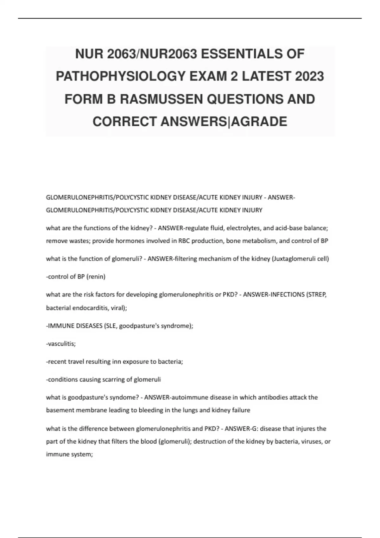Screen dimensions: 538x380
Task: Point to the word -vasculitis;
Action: (x=61, y=344)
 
